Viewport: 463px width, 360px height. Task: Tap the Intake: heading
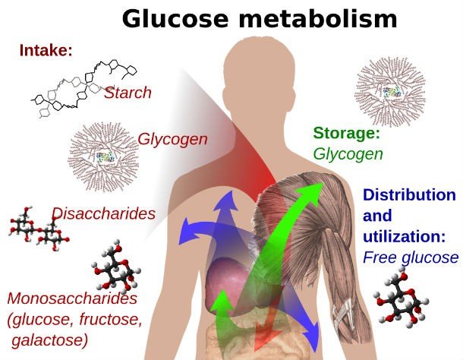tap(46, 52)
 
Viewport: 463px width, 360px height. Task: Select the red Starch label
tap(128, 93)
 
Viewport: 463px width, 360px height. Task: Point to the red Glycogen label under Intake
tap(172, 140)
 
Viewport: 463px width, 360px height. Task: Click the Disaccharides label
tap(103, 213)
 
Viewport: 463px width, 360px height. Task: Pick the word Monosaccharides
tap(72, 299)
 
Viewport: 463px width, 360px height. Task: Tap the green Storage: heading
tap(346, 134)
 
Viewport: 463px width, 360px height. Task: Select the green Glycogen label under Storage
tap(348, 154)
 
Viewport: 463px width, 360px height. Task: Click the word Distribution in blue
tap(409, 195)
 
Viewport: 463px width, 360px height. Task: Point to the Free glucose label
tap(411, 257)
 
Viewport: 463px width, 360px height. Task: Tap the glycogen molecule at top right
tap(390, 91)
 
